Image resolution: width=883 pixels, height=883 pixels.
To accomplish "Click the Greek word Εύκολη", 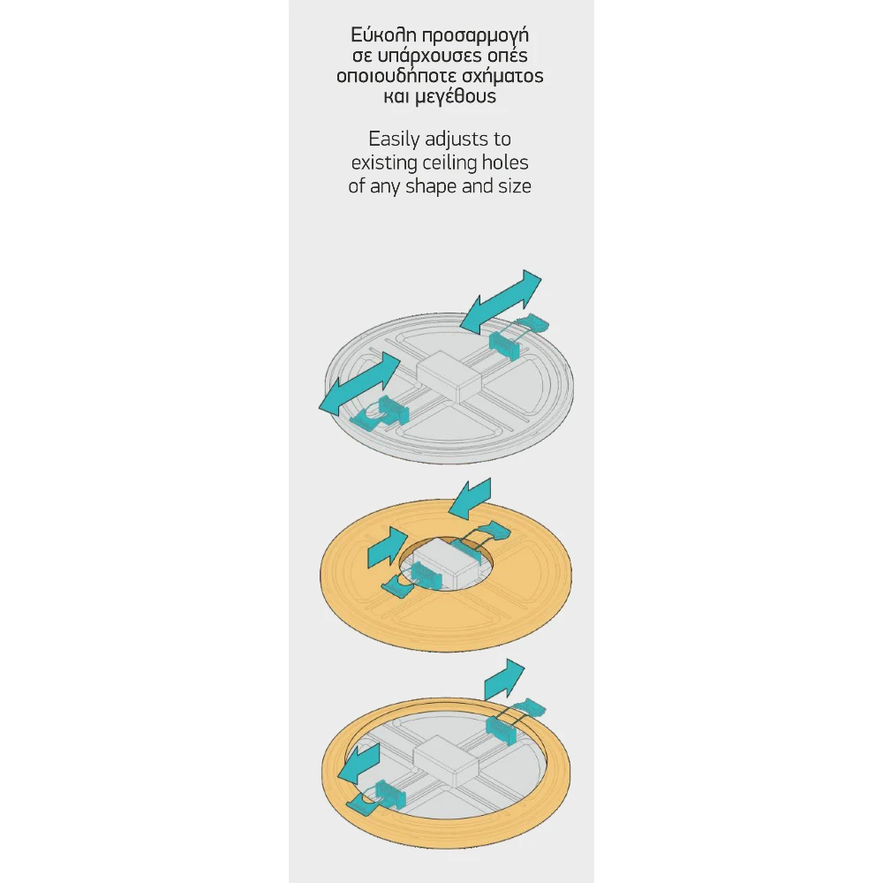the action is pyautogui.click(x=383, y=35).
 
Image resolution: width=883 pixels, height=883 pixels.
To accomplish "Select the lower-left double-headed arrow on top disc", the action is pyautogui.click(x=359, y=384).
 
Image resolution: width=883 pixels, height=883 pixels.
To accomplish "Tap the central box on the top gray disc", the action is pyautogui.click(x=449, y=375).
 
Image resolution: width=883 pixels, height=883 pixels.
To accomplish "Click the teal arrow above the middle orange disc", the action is pyautogui.click(x=471, y=498).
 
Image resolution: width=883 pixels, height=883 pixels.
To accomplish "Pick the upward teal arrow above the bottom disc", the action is pyautogui.click(x=504, y=679).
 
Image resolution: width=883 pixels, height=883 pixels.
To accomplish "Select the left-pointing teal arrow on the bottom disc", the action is pyautogui.click(x=358, y=763).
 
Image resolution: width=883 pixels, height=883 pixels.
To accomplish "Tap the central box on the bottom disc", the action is pyautogui.click(x=445, y=761).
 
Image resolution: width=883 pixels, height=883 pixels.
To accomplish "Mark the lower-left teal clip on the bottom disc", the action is pyautogui.click(x=377, y=796).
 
